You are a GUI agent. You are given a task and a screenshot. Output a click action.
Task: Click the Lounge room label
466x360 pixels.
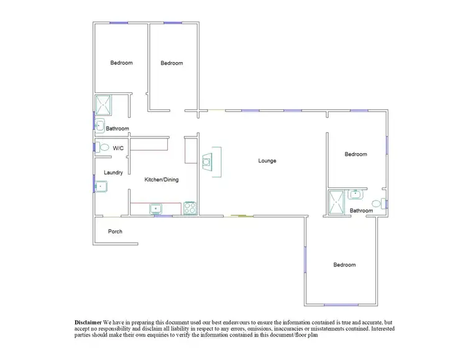click(x=267, y=161)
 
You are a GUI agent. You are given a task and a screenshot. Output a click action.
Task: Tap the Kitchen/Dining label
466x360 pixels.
click(x=162, y=180)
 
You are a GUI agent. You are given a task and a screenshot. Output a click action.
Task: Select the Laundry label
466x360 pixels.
click(x=113, y=173)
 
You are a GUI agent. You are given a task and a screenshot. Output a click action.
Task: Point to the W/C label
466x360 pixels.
click(x=118, y=148)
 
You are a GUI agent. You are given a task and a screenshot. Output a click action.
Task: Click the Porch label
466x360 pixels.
click(x=115, y=232)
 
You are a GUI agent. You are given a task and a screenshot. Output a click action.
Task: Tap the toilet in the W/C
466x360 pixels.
click(x=104, y=148)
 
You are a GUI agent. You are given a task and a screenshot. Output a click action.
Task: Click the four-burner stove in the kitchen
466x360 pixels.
click(x=190, y=208)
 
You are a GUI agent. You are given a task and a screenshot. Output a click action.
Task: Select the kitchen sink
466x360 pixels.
click(x=155, y=209)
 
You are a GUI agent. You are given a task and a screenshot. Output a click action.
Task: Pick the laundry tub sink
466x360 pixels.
click(x=101, y=185)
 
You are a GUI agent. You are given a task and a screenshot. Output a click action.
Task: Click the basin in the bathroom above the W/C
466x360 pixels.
click(x=99, y=125)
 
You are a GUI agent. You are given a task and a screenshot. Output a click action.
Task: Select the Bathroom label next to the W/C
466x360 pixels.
click(x=117, y=129)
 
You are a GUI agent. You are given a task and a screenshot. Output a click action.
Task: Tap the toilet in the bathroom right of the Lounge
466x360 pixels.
click(x=377, y=203)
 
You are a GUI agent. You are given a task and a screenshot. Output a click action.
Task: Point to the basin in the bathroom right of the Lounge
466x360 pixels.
click(x=355, y=194)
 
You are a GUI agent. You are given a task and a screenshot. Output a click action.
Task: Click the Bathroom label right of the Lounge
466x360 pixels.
click(x=361, y=211)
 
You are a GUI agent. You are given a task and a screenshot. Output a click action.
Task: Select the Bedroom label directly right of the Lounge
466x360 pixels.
click(x=356, y=154)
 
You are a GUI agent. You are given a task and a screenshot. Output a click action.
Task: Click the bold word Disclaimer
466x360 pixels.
click(x=88, y=323)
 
